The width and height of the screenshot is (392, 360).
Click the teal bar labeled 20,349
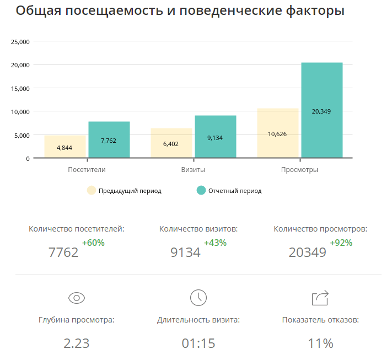click(322, 110)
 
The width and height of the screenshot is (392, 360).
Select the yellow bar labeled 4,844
click(65, 147)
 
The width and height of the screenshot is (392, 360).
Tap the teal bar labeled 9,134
click(216, 137)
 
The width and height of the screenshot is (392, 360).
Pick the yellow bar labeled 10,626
click(278, 133)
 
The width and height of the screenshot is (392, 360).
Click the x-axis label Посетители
click(87, 170)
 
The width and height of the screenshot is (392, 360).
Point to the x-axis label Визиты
click(194, 170)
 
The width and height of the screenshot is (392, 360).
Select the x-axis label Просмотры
click(299, 170)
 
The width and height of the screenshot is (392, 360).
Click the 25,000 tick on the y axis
click(20, 41)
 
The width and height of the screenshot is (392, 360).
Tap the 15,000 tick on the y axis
click(20, 88)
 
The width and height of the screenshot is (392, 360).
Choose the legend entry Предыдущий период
click(130, 191)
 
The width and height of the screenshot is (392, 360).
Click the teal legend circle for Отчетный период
click(201, 191)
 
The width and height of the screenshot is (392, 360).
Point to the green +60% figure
click(93, 243)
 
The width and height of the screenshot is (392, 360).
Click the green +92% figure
click(341, 243)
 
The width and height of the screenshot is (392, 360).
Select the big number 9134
click(186, 252)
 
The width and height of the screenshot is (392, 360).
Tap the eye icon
click(77, 298)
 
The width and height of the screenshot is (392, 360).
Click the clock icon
click(198, 298)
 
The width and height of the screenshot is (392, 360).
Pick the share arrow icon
click(320, 298)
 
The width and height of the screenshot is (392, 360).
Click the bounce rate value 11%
click(320, 343)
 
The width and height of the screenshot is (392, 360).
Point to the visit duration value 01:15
click(198, 343)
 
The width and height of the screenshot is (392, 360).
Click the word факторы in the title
click(313, 11)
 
